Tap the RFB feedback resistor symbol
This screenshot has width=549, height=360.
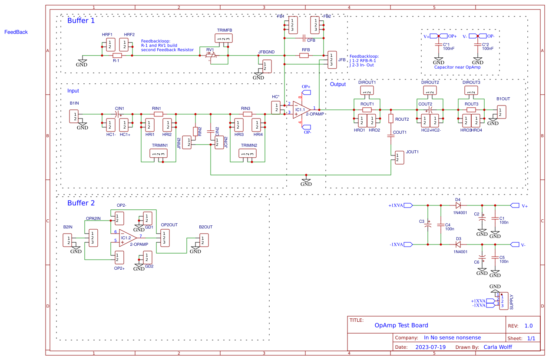[x=305, y=56]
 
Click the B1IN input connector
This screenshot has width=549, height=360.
[x=75, y=116]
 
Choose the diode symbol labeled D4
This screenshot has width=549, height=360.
[x=458, y=205]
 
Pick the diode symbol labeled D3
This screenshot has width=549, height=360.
[x=458, y=244]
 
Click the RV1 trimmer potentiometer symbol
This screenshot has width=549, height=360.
[x=210, y=56]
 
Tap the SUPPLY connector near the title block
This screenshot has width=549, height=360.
[x=502, y=301]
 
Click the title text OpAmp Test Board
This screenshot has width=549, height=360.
[x=401, y=325]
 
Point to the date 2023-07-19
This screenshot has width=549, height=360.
[x=430, y=347]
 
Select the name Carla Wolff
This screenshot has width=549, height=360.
[x=497, y=347]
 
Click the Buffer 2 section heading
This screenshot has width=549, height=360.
[x=81, y=203]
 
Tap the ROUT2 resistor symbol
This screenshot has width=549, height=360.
[x=390, y=119]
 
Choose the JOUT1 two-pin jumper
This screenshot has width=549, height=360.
[x=399, y=158]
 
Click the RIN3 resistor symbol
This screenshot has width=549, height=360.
[x=247, y=114]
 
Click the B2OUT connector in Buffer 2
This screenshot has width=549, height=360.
[x=204, y=240]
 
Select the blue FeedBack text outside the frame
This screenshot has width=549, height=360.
[x=16, y=32]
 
